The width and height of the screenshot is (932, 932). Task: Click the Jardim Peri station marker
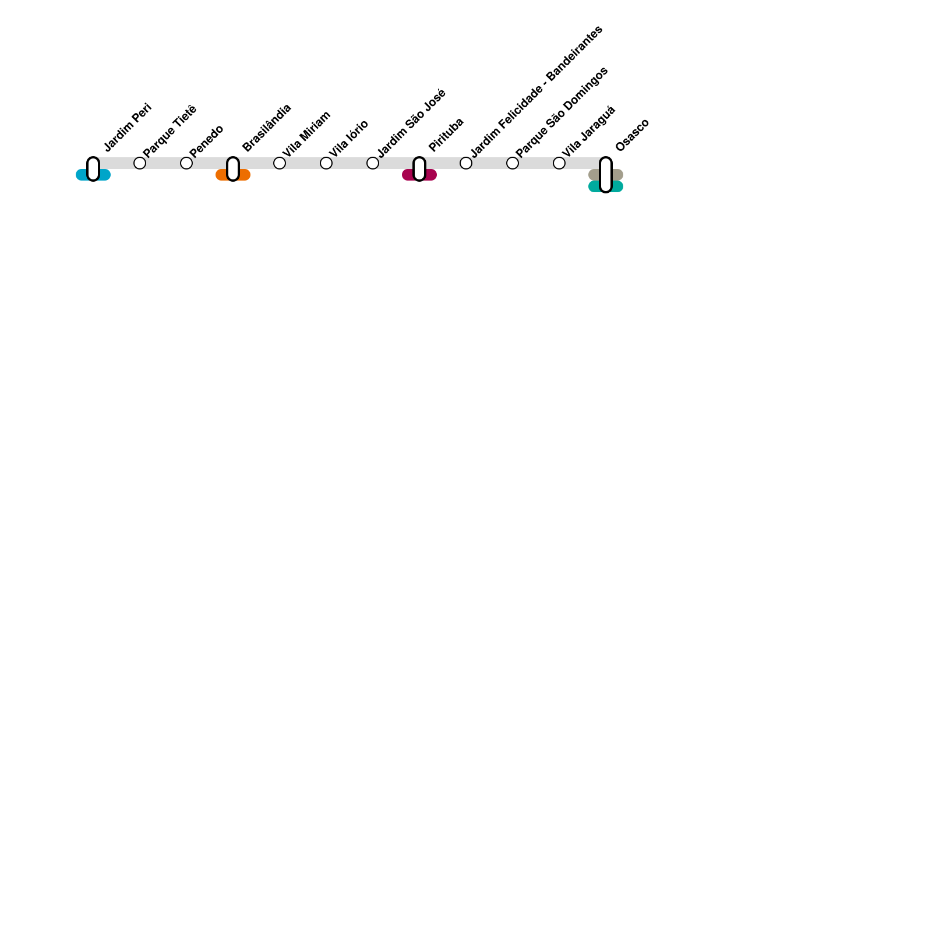point(93,169)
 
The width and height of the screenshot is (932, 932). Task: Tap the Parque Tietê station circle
point(140,163)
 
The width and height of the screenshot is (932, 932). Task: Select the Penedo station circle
point(186,163)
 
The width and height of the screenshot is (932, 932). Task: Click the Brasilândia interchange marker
point(233,169)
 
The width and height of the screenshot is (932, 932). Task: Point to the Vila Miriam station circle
point(280,163)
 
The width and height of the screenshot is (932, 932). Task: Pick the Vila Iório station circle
point(326,163)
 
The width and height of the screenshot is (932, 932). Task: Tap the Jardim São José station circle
point(373,163)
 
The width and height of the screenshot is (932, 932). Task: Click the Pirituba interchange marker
point(419,169)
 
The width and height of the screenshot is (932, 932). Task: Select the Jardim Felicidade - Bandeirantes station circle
point(466,163)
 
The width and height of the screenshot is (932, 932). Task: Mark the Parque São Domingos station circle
point(513,163)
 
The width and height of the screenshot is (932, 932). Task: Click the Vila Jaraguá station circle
point(559,163)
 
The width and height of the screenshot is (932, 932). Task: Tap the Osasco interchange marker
point(606,175)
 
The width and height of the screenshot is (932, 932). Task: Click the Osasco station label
point(632,135)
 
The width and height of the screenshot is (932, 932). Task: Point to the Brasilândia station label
point(267,128)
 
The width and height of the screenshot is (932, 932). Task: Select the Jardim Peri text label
point(128,128)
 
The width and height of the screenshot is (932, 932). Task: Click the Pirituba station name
point(446,135)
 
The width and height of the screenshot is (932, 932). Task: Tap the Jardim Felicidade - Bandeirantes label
point(536,91)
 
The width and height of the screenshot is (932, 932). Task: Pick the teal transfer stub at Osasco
point(617,186)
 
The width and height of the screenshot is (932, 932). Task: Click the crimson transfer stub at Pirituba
point(431,175)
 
